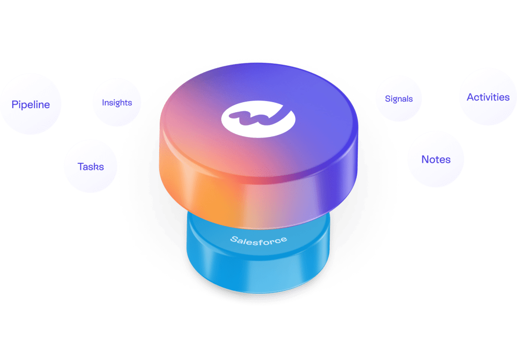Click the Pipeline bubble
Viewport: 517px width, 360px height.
click(30, 105)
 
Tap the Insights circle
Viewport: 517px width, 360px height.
click(117, 102)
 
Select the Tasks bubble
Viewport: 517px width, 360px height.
click(90, 166)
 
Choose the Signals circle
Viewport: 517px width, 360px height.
click(399, 99)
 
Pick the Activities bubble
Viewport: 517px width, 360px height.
click(488, 97)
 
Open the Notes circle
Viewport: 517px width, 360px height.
click(436, 159)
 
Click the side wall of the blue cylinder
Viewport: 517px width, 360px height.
click(258, 273)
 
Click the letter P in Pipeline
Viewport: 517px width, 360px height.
click(15, 105)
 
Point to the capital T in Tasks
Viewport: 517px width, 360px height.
click(80, 166)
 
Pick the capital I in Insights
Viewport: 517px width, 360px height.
click(103, 102)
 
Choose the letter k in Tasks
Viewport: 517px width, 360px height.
click(96, 166)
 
